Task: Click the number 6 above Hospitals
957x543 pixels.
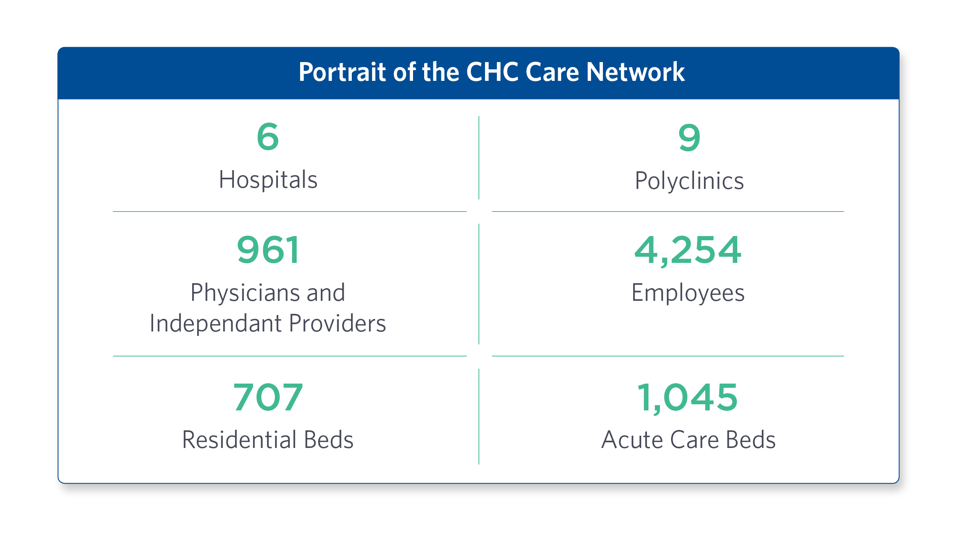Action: click(x=268, y=136)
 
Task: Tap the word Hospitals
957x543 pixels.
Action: click(x=268, y=179)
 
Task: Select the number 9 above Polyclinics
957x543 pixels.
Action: click(x=689, y=137)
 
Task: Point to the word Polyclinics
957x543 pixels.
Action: click(x=689, y=180)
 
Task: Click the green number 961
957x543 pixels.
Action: click(x=268, y=250)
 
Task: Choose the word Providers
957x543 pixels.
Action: click(x=338, y=323)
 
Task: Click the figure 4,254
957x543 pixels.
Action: click(x=688, y=250)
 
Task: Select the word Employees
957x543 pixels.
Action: click(x=688, y=293)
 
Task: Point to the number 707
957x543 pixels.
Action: click(x=268, y=397)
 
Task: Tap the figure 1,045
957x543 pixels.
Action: click(x=688, y=397)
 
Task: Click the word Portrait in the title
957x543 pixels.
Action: click(x=342, y=72)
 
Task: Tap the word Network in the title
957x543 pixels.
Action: click(x=635, y=72)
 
